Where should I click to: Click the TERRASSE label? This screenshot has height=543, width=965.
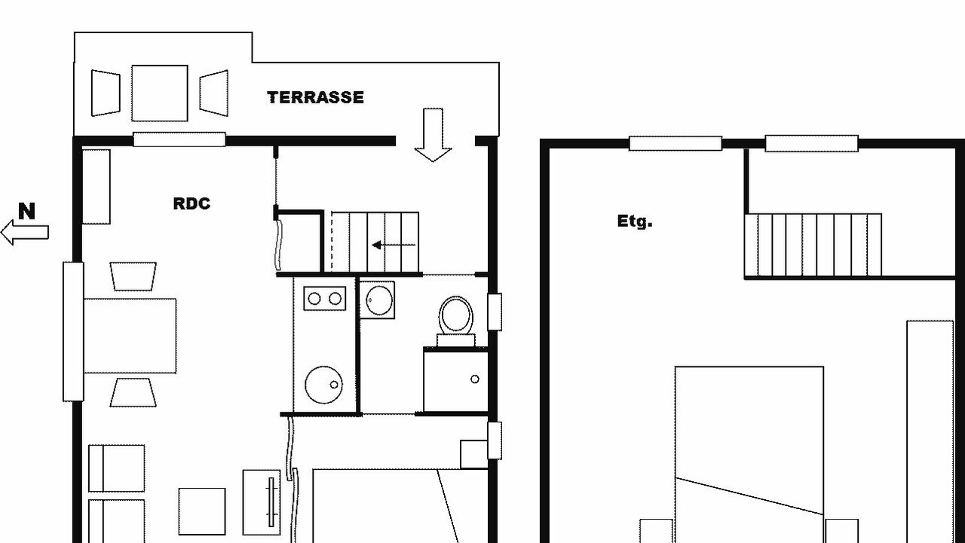(315, 97)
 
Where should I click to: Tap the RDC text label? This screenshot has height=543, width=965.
(191, 204)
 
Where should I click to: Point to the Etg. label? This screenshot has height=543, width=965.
(635, 222)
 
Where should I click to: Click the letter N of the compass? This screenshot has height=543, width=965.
(26, 211)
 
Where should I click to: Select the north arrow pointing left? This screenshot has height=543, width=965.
(25, 232)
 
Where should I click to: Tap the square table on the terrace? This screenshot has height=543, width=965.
(160, 93)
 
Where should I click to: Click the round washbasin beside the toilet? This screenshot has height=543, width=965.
(379, 300)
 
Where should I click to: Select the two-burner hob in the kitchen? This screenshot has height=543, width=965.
(325, 298)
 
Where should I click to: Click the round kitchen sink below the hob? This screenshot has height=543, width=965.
(324, 385)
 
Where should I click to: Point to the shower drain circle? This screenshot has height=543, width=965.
(475, 379)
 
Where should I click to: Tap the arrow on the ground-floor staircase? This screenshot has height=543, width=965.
(394, 245)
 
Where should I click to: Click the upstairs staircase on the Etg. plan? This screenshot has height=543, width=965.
(813, 245)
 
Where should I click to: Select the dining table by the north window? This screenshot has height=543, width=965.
(130, 336)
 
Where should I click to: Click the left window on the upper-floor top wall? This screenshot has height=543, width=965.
(675, 143)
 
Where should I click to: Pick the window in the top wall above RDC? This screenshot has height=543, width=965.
(179, 140)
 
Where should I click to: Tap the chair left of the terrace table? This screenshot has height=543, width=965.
(106, 93)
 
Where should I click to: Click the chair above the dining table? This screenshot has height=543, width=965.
(133, 276)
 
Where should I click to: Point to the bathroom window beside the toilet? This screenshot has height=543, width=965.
(495, 312)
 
